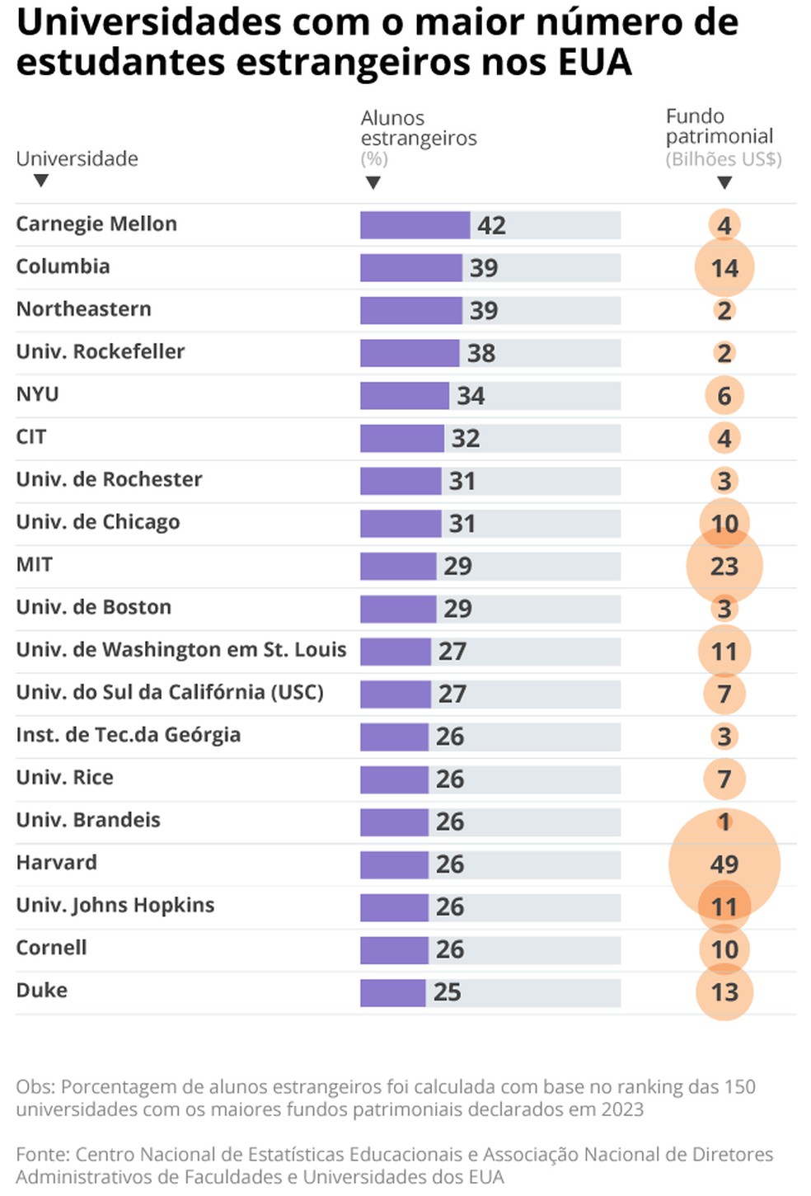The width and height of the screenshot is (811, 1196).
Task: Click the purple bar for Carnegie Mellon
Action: pyautogui.click(x=415, y=225)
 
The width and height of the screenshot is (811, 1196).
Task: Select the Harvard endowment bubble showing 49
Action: pyautogui.click(x=724, y=864)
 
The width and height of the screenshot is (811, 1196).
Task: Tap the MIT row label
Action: pyautogui.click(x=35, y=565)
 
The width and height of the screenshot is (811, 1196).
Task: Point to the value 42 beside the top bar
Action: pyautogui.click(x=491, y=225)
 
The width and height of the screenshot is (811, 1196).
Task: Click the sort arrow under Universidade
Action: pyautogui.click(x=40, y=181)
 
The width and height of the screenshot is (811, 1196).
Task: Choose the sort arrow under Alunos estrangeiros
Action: pyautogui.click(x=373, y=182)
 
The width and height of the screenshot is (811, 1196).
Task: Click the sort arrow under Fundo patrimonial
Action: pyautogui.click(x=724, y=182)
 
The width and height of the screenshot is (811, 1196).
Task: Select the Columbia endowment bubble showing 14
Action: pyautogui.click(x=724, y=268)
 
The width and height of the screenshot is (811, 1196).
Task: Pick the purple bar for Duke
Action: pyautogui.click(x=392, y=992)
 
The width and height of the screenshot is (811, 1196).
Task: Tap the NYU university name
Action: pyautogui.click(x=38, y=394)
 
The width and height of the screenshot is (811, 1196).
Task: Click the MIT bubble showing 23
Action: pyautogui.click(x=724, y=567)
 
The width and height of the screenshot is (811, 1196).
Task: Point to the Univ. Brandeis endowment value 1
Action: pyautogui.click(x=724, y=822)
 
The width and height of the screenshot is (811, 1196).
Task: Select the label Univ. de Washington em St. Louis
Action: pyautogui.click(x=181, y=650)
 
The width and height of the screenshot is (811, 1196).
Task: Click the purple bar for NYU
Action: pyautogui.click(x=404, y=396)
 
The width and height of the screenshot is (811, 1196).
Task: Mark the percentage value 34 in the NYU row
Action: pyautogui.click(x=471, y=396)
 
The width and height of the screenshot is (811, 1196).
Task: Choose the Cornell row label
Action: pyautogui.click(x=51, y=948)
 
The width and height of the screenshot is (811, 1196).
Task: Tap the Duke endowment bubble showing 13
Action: pyautogui.click(x=724, y=992)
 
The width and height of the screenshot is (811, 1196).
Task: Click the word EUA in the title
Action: pyautogui.click(x=596, y=62)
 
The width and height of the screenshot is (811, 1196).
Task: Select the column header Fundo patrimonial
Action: pyautogui.click(x=719, y=126)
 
